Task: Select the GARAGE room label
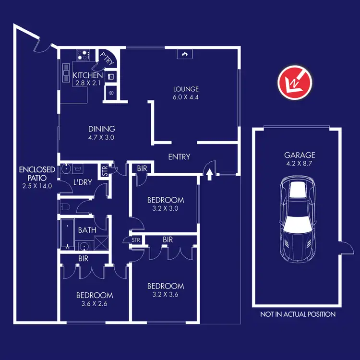point(300,155)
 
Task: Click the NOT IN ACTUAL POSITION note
point(298,314)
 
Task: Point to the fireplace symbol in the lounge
point(183,54)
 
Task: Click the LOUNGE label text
point(186,89)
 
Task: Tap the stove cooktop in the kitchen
point(82,55)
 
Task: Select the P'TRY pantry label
point(106,58)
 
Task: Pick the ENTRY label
point(179,157)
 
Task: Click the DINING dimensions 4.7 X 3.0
point(102,137)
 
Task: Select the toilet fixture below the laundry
point(66,206)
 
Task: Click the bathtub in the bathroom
point(67,232)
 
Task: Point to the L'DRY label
point(83,182)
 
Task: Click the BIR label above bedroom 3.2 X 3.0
point(142,169)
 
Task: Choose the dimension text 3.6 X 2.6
point(94,304)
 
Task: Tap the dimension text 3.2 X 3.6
point(166,295)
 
